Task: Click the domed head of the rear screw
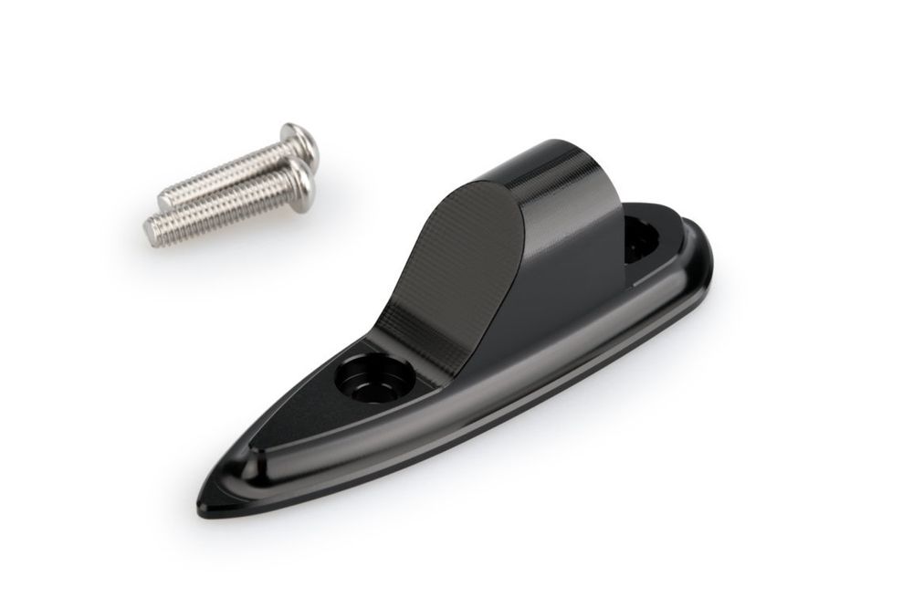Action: pyautogui.click(x=301, y=142)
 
